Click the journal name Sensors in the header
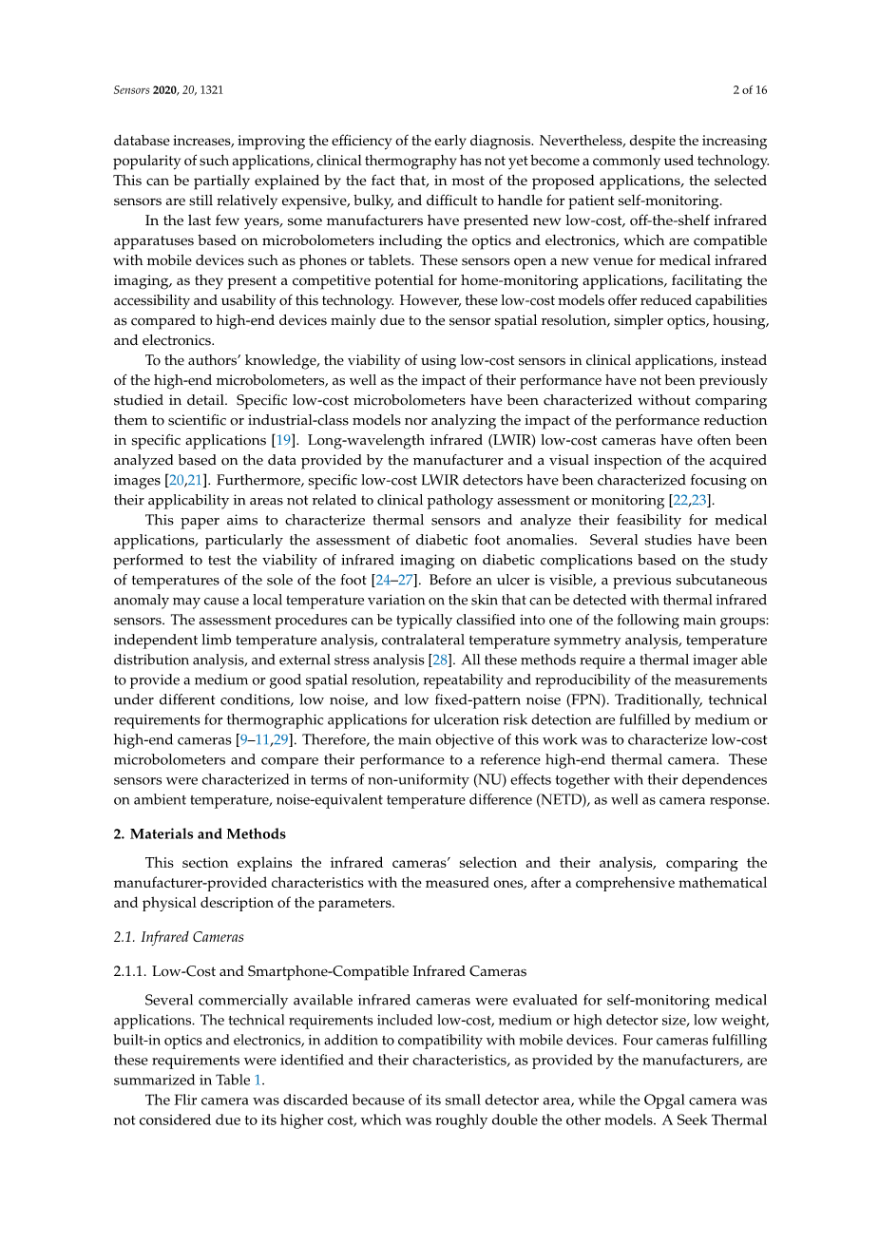(131, 90)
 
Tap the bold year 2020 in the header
(166, 90)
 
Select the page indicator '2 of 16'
(750, 90)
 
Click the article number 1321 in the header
(211, 90)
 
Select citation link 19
(281, 440)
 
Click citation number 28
(441, 660)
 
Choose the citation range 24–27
(394, 580)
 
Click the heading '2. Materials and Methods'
(200, 833)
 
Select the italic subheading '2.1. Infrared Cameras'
(179, 937)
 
